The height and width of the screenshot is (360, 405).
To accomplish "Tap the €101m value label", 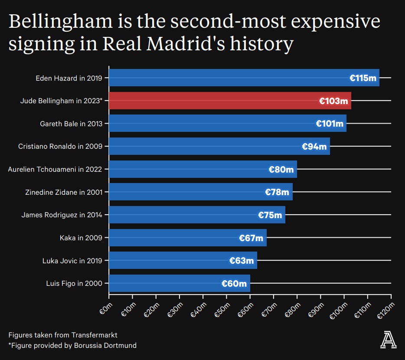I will point(330,124).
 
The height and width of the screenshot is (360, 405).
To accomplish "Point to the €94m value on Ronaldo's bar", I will point(314,147).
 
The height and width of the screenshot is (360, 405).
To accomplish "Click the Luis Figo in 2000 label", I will point(74,284).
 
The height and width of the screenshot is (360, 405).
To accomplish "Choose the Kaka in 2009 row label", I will point(81,238).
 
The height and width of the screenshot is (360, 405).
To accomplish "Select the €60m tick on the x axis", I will point(246,309).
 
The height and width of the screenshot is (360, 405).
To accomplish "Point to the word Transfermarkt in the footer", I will point(95,335).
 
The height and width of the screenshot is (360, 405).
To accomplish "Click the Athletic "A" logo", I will point(388,339).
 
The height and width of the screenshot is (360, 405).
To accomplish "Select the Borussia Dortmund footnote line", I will point(72,346).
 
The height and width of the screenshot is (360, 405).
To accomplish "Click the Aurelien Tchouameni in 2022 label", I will point(55,169).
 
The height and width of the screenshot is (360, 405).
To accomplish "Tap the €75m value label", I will point(270,215).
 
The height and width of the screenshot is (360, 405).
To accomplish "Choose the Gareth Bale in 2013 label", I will point(71,124).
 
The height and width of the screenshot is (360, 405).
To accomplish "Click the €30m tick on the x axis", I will point(176,309).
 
